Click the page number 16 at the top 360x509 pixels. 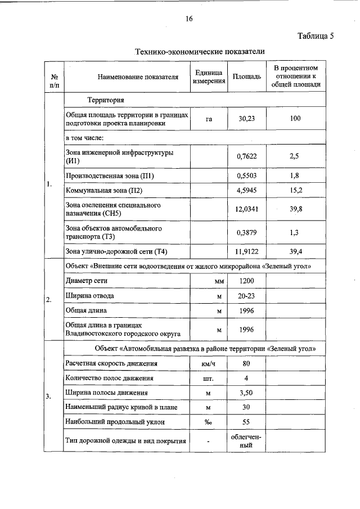(x=189, y=19)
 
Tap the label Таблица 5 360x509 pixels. (x=316, y=37)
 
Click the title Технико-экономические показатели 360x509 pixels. (x=200, y=51)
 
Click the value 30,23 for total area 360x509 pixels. (x=246, y=119)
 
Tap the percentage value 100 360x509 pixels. (x=295, y=119)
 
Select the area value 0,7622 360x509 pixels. (x=246, y=157)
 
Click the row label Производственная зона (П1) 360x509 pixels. (x=110, y=176)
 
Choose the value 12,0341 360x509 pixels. (x=246, y=209)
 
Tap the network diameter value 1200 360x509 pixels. (x=246, y=280)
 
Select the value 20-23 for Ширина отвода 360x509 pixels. (x=246, y=295)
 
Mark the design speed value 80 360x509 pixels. (x=246, y=364)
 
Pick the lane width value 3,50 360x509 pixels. (x=246, y=393)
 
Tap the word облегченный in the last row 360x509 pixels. (x=246, y=440)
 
